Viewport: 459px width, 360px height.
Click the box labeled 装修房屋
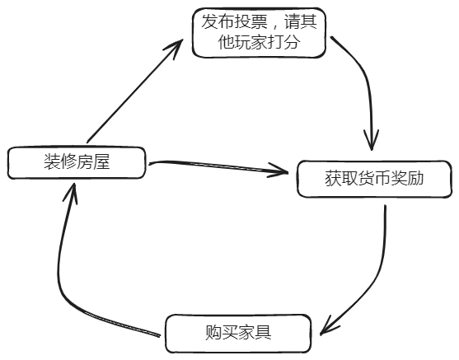pos(77,162)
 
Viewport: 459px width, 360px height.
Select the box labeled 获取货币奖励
pos(373,177)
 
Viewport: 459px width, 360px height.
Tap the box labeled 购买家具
pos(238,333)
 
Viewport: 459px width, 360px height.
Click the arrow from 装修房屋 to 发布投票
pos(132,91)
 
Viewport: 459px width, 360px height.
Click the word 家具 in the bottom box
pos(255,333)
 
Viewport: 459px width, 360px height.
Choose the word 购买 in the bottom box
pos(222,333)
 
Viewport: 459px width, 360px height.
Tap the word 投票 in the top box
pos(256,22)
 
